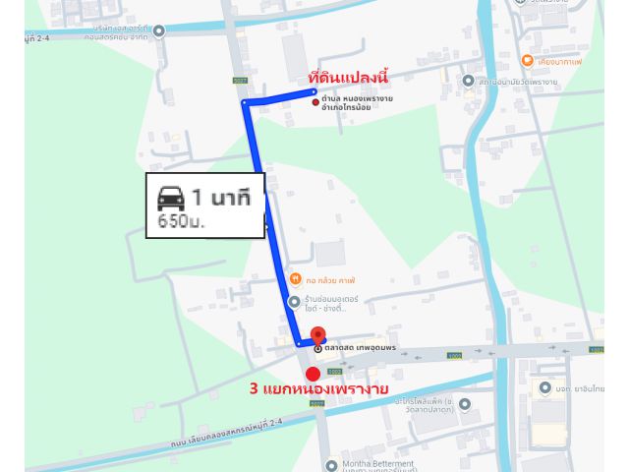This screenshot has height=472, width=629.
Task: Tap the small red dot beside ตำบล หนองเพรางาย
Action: pos(314,101)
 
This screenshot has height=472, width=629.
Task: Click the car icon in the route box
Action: pos(171,196)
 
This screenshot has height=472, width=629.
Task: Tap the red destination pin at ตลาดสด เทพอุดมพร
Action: pos(316,334)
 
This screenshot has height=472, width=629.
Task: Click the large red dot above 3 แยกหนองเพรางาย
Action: pos(313,374)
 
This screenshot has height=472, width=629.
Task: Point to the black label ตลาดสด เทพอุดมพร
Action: pos(361,348)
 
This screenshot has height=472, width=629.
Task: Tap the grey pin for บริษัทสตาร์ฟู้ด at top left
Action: pos(159,30)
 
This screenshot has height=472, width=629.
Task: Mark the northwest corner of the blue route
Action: pos(245,102)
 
